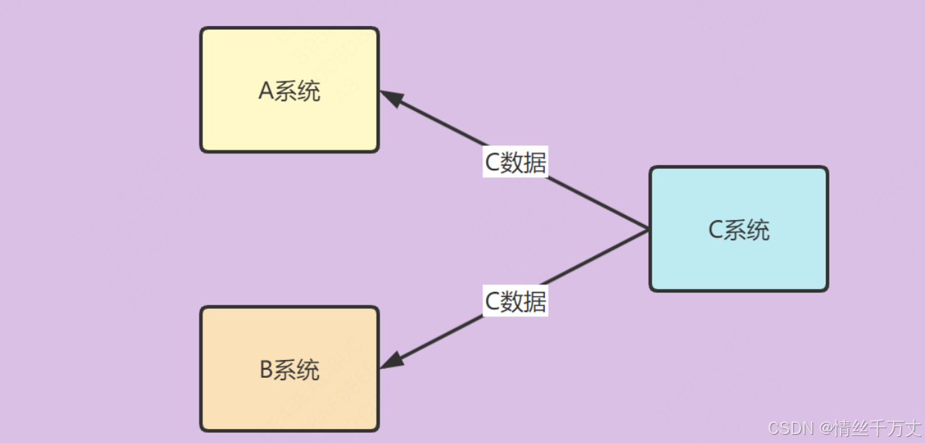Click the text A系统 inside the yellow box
[289, 91]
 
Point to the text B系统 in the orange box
[289, 370]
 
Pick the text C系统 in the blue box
[739, 230]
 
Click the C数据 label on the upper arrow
[515, 162]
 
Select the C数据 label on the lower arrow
[515, 302]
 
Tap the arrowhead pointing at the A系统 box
[391, 99]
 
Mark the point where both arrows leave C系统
[649, 230]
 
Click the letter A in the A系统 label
[266, 91]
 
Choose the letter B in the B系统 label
[267, 370]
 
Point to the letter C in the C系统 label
[715, 230]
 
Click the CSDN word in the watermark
[792, 428]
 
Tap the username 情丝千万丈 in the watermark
[877, 428]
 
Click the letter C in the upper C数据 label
[491, 162]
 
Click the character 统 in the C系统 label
[758, 230]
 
